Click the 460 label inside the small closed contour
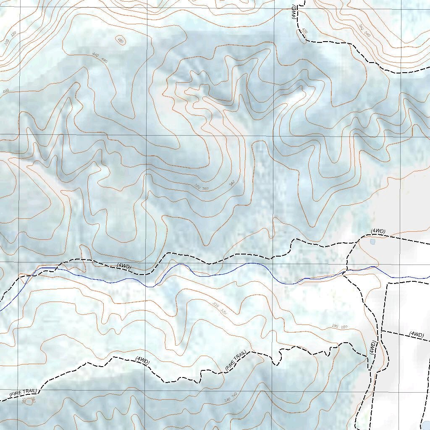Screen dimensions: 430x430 coord(121,41)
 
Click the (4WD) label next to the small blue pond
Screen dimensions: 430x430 coord(378,231)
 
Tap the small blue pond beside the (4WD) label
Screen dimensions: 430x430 coord(372,241)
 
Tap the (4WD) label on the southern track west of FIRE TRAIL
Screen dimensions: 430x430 coord(142,360)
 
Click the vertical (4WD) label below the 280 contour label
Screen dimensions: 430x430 coord(372,348)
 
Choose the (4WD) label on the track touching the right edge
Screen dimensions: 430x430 coord(416,334)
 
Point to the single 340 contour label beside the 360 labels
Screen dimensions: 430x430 coord(231,184)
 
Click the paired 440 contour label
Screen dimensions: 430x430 coord(100,58)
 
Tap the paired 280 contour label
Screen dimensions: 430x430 coord(340,326)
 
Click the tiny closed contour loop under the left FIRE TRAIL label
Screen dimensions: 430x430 coord(29,402)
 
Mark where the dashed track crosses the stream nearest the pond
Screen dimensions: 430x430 coord(345,272)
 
